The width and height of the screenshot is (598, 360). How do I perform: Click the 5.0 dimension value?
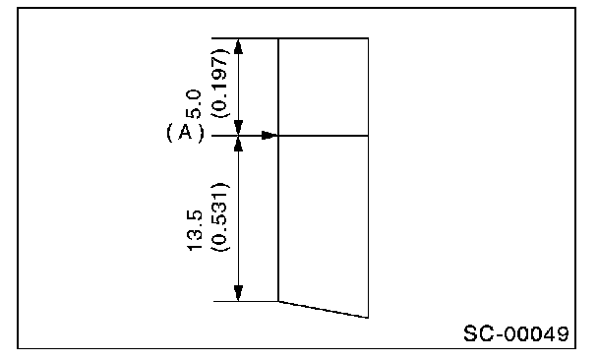[194, 104]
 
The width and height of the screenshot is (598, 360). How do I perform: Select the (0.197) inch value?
[220, 83]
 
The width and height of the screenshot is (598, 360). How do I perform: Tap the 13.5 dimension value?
[194, 230]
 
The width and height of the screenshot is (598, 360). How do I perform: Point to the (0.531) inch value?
[220, 217]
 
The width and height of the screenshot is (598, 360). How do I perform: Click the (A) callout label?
[185, 133]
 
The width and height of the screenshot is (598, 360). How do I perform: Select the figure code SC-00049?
[516, 333]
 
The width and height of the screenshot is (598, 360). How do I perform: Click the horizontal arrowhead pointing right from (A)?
[269, 136]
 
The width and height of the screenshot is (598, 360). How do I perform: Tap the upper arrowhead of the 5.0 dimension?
[238, 46]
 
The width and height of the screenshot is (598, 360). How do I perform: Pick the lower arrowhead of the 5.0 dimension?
[238, 127]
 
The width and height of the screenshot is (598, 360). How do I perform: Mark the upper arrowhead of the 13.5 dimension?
[238, 144]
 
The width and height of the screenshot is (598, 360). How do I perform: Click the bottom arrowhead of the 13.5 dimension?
[238, 293]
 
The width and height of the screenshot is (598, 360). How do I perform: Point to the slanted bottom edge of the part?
[324, 309]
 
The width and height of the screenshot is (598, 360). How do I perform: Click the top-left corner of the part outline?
[278, 38]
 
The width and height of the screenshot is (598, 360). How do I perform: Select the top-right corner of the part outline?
[368, 38]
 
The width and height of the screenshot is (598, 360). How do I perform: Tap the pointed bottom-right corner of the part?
[368, 318]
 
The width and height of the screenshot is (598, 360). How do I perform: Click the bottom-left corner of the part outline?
[278, 301]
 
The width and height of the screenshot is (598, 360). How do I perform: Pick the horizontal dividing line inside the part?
[324, 136]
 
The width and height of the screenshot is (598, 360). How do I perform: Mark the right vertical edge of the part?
[368, 178]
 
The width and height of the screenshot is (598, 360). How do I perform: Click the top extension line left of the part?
[245, 38]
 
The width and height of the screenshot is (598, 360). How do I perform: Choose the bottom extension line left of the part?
[246, 301]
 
